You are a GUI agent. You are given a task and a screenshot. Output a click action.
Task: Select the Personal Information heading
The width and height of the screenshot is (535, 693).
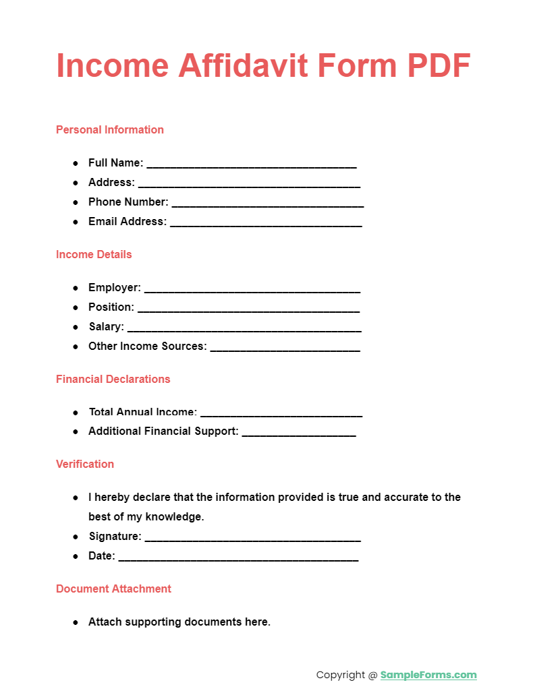pyautogui.click(x=110, y=129)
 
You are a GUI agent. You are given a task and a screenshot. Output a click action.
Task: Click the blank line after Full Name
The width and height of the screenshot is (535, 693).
pyautogui.click(x=251, y=164)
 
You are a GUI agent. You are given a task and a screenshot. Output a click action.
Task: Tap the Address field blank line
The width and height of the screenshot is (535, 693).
pyautogui.click(x=249, y=183)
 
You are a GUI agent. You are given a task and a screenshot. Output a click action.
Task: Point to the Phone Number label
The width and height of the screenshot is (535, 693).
pyautogui.click(x=128, y=202)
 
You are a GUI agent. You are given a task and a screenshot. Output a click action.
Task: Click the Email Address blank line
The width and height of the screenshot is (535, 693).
pyautogui.click(x=266, y=222)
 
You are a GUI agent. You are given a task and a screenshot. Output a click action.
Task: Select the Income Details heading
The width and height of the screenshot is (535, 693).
pyautogui.click(x=94, y=254)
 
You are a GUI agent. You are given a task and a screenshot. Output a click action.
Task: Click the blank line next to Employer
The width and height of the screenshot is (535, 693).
pyautogui.click(x=252, y=289)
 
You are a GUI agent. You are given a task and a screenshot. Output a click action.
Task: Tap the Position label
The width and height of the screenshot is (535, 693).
pyautogui.click(x=111, y=307)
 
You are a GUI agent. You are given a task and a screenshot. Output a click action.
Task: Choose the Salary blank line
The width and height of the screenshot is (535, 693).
pyautogui.click(x=244, y=328)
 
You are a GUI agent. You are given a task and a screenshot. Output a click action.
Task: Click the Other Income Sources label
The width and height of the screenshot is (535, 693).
pyautogui.click(x=147, y=346)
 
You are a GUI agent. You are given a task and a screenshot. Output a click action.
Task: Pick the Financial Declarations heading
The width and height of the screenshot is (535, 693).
pyautogui.click(x=113, y=379)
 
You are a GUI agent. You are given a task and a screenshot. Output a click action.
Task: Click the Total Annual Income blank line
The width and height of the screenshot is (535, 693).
pyautogui.click(x=281, y=413)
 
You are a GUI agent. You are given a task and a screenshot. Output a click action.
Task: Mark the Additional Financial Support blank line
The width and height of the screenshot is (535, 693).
pyautogui.click(x=298, y=433)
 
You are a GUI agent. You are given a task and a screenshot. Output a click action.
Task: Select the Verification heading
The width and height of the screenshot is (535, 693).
pyautogui.click(x=85, y=464)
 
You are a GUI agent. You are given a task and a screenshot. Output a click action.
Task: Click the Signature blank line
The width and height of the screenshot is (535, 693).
pyautogui.click(x=252, y=538)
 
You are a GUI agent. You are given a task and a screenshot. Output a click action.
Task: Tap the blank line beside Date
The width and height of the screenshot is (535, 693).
pyautogui.click(x=238, y=558)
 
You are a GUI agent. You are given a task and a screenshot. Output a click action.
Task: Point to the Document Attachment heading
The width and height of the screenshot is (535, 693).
pyautogui.click(x=113, y=589)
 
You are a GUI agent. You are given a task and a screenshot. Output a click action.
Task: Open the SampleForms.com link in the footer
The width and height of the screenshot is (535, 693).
pyautogui.click(x=428, y=675)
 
